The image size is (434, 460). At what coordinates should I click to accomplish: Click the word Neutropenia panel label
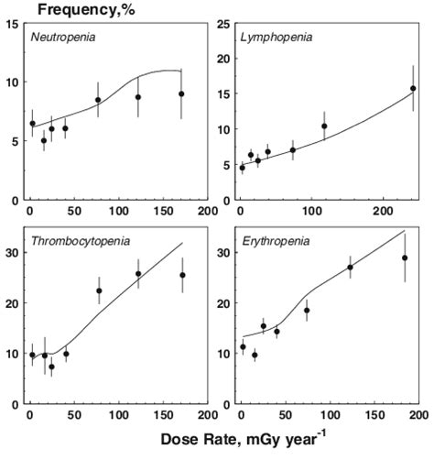(61, 38)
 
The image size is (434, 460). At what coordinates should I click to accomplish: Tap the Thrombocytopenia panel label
(80, 241)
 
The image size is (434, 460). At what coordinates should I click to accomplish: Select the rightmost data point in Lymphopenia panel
(413, 89)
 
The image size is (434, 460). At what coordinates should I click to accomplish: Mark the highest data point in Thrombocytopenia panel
(138, 273)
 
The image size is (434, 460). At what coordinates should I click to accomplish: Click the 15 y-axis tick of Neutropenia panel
(14, 23)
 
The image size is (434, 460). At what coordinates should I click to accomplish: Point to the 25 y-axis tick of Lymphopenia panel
(224, 23)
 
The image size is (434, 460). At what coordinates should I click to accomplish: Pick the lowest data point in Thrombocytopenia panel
(51, 367)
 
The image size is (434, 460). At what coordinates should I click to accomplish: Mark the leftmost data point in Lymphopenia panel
(242, 168)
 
